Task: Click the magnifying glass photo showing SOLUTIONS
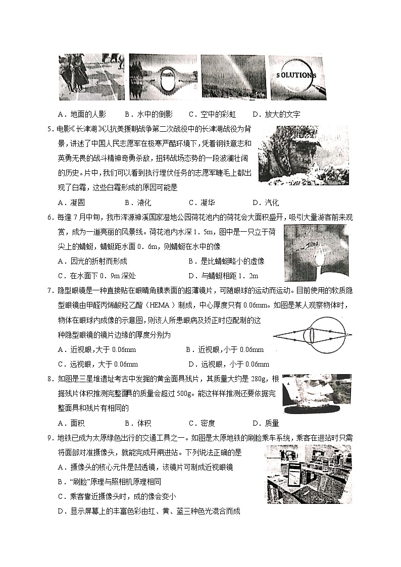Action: click(297, 77)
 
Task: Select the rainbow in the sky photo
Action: click(233, 77)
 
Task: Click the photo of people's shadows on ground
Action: click(91, 77)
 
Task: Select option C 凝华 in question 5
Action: click(202, 202)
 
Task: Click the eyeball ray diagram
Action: click(312, 335)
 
